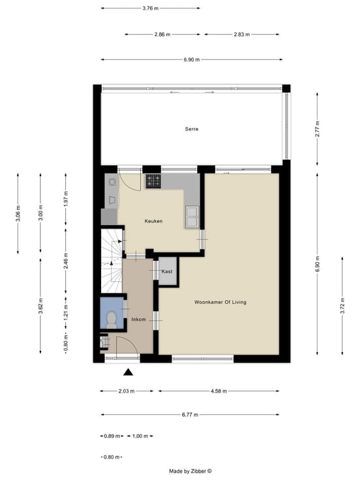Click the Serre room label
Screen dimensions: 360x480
192,129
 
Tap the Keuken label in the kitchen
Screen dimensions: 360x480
153,221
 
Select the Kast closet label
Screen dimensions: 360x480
167,271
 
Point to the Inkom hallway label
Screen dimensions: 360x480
139,320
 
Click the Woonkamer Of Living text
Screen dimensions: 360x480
220,302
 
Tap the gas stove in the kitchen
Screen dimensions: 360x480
153,181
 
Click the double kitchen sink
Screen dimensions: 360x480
192,217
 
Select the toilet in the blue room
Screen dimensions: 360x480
111,320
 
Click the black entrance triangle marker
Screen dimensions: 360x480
128,372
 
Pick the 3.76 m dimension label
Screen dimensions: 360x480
150,8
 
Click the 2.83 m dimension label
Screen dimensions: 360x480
242,35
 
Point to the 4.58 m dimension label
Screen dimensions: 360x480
219,391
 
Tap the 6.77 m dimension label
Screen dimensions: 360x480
190,415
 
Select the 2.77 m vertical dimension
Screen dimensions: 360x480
318,129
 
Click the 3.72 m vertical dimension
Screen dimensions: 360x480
342,306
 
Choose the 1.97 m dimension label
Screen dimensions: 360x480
66,199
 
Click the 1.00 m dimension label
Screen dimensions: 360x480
140,436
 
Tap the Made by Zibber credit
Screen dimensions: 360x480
190,472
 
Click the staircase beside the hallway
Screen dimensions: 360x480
112,261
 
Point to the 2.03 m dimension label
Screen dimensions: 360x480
127,391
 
